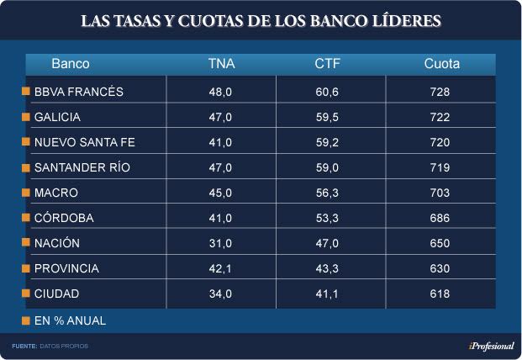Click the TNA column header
pyautogui.click(x=220, y=64)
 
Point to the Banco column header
pyautogui.click(x=71, y=64)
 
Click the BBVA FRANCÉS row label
pyautogui.click(x=79, y=92)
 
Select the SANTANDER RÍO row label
pyautogui.click(x=82, y=167)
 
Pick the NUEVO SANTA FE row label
pyautogui.click(x=84, y=142)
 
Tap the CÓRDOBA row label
pyautogui.click(x=64, y=218)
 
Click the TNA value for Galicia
pyautogui.click(x=220, y=117)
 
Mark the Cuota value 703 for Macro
pyautogui.click(x=440, y=193)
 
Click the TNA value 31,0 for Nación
pyautogui.click(x=220, y=243)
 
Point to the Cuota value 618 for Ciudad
pyautogui.click(x=440, y=294)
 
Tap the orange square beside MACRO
pyautogui.click(x=26, y=193)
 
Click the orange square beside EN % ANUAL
pyautogui.click(x=26, y=320)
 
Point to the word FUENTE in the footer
pyautogui.click(x=24, y=347)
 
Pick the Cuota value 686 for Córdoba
pyautogui.click(x=440, y=218)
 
